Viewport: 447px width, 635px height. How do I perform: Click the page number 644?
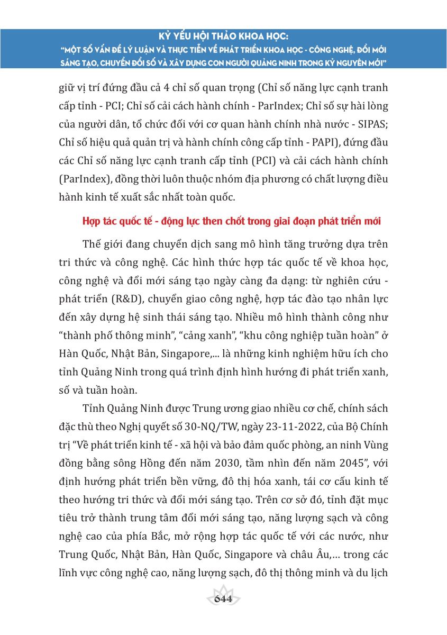[224, 598]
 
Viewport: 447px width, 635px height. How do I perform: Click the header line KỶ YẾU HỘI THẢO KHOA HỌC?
[223, 39]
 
